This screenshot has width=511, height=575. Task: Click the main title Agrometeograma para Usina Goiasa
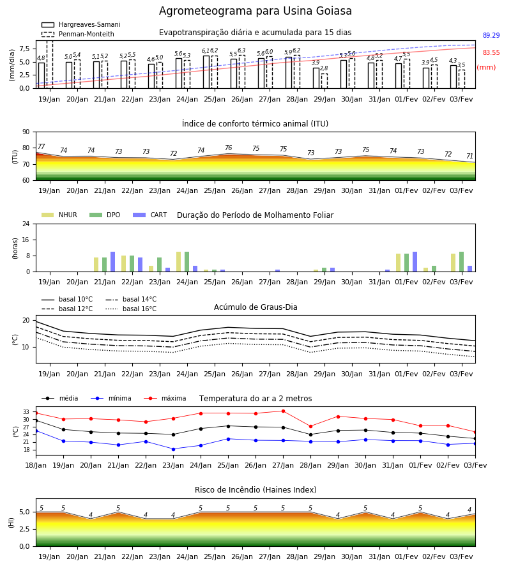click(x=255, y=11)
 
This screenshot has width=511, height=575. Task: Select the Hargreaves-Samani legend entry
click(x=80, y=24)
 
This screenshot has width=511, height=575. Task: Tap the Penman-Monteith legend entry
click(x=78, y=34)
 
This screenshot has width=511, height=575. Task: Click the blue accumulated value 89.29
click(x=491, y=35)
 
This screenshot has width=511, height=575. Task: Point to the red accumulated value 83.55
click(x=491, y=52)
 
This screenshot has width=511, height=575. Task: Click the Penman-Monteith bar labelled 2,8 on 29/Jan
click(x=324, y=81)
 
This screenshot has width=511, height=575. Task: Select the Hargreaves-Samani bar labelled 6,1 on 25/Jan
click(x=206, y=72)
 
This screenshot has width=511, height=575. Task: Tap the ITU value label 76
click(x=229, y=148)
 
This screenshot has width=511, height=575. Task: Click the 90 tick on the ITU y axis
click(x=26, y=132)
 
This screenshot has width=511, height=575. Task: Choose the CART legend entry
click(x=149, y=215)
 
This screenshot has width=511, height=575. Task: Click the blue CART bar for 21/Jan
click(x=113, y=262)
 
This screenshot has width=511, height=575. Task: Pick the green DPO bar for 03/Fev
click(x=462, y=262)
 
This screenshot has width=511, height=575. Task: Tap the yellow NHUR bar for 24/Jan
click(x=178, y=262)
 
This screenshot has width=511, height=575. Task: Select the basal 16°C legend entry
click(x=131, y=309)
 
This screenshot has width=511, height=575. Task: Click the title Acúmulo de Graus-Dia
click(x=256, y=307)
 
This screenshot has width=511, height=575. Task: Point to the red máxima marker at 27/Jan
click(x=284, y=411)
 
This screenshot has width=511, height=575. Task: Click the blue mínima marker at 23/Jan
click(x=173, y=449)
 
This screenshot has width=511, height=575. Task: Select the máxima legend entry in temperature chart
click(x=165, y=398)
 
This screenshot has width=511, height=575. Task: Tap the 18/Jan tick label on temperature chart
click(x=36, y=465)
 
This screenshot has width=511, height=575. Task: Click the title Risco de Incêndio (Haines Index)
click(x=256, y=490)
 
